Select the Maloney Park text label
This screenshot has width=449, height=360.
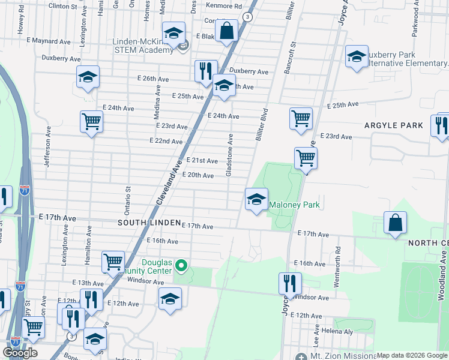click(294, 205)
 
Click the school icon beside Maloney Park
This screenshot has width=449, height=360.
click(256, 199)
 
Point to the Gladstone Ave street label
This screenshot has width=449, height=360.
click(229, 155)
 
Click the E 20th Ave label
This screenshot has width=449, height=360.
click(197, 175)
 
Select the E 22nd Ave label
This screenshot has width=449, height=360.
click(166, 141)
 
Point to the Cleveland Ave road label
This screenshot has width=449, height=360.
click(169, 178)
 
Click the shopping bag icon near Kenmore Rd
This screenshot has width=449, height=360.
click(227, 31)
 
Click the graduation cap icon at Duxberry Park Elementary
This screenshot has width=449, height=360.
click(357, 57)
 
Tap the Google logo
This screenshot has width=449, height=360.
click(20, 353)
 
